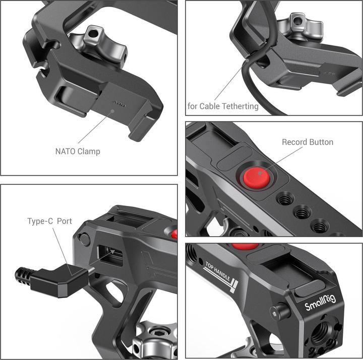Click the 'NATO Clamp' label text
coord(77,151)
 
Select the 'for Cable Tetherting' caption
coord(222,106)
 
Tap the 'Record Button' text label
coord(307,142)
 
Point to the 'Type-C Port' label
coord(49,221)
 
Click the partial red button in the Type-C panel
coord(174,234)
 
